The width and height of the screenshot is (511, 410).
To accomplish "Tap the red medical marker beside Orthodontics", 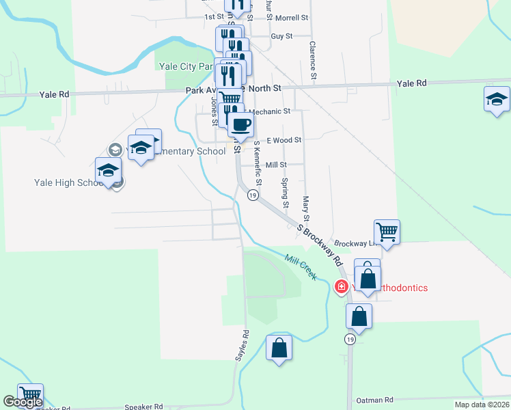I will coord(341,287).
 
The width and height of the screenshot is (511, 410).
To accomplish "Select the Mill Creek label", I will coord(301,266).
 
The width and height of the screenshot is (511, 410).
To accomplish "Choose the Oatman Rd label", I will coord(375,400).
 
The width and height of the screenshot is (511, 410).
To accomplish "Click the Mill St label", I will coord(276,165).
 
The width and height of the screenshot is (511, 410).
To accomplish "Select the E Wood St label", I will coord(284,140).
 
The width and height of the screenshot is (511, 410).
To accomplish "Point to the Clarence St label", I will coord(312,61).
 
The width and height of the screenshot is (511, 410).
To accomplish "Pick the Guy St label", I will coord(281,36).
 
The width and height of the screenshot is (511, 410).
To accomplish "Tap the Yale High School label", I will coord(68,182).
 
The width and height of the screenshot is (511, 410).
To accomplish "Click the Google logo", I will coord(23,402).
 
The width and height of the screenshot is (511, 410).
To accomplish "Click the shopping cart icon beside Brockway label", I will coord(387,232).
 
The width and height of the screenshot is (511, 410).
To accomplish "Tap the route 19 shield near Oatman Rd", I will coord(350,340).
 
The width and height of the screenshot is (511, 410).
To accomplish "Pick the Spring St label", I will coord(285,193).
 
